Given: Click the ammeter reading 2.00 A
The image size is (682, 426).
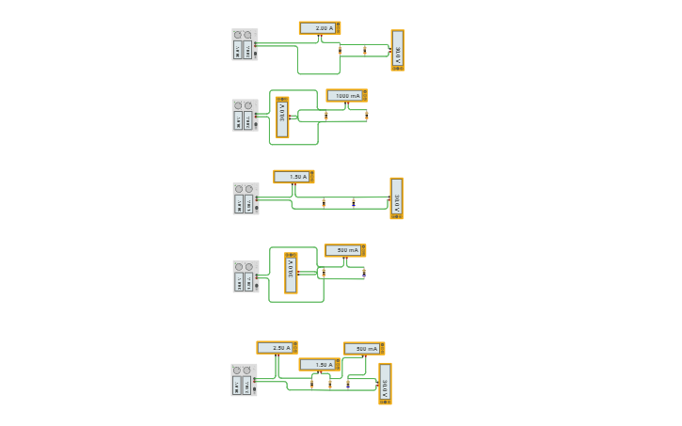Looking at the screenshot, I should coord(320,28).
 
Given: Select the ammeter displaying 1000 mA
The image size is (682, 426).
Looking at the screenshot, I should coord(346,95).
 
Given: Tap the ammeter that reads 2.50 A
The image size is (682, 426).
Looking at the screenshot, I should coord(277,347).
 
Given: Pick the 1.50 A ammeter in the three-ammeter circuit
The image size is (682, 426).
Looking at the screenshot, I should coord(319,364).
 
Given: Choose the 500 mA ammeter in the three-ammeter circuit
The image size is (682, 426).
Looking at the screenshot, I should coord(363,348).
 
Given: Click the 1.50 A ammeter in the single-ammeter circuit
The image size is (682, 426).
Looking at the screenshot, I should coord(293,176).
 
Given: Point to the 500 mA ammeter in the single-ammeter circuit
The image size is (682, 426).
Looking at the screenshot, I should coord(344,250).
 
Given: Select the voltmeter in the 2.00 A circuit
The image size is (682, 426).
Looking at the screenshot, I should coord(398,51).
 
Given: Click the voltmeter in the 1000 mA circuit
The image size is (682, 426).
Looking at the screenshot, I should coord(282,118).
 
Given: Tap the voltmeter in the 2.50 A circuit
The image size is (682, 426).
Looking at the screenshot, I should coord(385,383).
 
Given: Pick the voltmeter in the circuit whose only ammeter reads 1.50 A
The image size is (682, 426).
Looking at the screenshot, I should coord(397,198).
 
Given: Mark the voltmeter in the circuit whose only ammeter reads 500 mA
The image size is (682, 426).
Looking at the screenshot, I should coord(291,273).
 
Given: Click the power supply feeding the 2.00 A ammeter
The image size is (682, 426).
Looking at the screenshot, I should coord(245,44).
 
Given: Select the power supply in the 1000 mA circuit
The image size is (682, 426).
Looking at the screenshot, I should coord(245,116).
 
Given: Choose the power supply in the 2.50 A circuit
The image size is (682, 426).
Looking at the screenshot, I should coord(244,380).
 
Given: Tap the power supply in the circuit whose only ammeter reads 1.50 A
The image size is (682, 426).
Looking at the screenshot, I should coord(246,198).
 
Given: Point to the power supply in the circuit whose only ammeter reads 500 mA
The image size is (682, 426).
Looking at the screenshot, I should coord(246,276).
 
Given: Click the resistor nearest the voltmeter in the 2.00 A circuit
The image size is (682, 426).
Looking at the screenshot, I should coord(365,50).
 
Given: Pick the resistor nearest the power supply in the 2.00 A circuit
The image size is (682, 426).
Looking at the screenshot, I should coord(341,50).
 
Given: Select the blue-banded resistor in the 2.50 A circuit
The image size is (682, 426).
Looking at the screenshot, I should coord(330,384).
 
